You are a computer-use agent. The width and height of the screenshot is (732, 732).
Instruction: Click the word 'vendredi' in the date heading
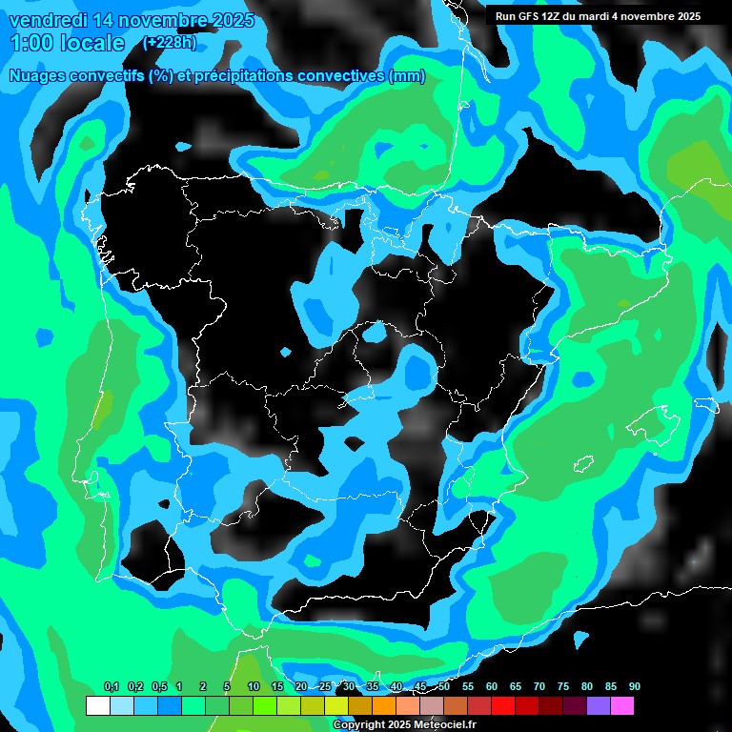[46, 19]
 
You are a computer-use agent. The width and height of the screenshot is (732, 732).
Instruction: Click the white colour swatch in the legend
[97, 706]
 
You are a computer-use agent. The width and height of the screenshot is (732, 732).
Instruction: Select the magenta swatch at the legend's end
[621, 706]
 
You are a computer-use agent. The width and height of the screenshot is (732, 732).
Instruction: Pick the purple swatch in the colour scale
[598, 706]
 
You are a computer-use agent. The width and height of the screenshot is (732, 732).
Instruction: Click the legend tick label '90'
[634, 687]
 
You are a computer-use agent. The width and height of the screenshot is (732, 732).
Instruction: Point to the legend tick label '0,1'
[111, 687]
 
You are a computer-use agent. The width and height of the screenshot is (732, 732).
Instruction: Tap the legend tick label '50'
[444, 687]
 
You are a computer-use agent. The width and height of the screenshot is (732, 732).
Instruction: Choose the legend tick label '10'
[253, 687]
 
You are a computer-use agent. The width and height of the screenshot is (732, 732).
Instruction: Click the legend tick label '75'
[562, 687]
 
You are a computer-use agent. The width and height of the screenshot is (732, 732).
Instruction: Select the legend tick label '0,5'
[158, 687]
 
